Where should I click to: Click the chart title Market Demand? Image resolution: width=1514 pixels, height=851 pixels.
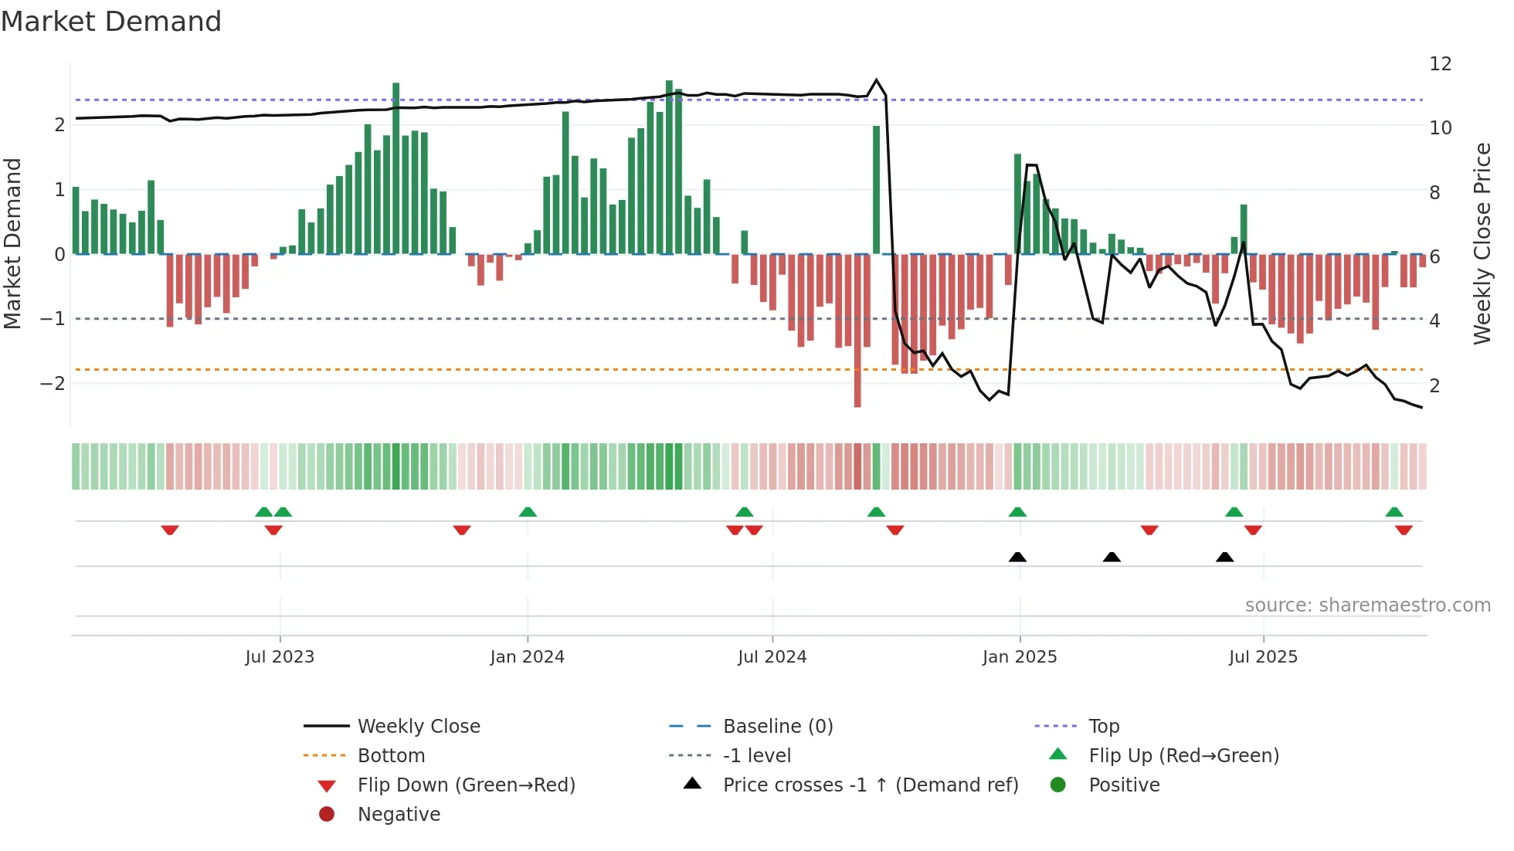[111, 22]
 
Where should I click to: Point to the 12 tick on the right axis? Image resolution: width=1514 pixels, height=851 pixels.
[1440, 64]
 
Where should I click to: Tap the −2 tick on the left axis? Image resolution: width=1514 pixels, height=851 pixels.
[53, 384]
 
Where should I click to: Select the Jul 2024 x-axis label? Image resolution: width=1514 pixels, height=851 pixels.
[772, 657]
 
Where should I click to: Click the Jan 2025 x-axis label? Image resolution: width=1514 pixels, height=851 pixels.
[1019, 657]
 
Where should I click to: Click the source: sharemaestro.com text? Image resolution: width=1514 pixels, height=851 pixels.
[1367, 605]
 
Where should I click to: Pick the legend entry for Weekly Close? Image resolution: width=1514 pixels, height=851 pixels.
[418, 727]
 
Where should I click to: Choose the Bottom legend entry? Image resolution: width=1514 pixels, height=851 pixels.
[391, 756]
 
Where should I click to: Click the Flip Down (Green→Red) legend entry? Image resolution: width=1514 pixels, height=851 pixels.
[466, 785]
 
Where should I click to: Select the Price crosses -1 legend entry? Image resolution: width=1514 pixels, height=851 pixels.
[870, 785]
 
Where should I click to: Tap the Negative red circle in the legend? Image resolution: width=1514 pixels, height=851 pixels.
[327, 815]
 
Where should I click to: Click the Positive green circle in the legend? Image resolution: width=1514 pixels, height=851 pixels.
[1058, 785]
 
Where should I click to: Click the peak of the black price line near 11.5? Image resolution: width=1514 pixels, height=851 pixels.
[876, 80]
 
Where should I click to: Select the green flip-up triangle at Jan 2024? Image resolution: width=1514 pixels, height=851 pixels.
[528, 512]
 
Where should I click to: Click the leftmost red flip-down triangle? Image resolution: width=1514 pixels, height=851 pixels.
[170, 531]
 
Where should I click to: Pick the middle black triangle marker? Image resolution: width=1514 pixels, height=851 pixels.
[1112, 558]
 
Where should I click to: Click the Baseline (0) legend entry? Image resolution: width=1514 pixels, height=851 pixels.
[777, 727]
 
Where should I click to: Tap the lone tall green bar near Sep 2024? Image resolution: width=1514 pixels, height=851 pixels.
[876, 189]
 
